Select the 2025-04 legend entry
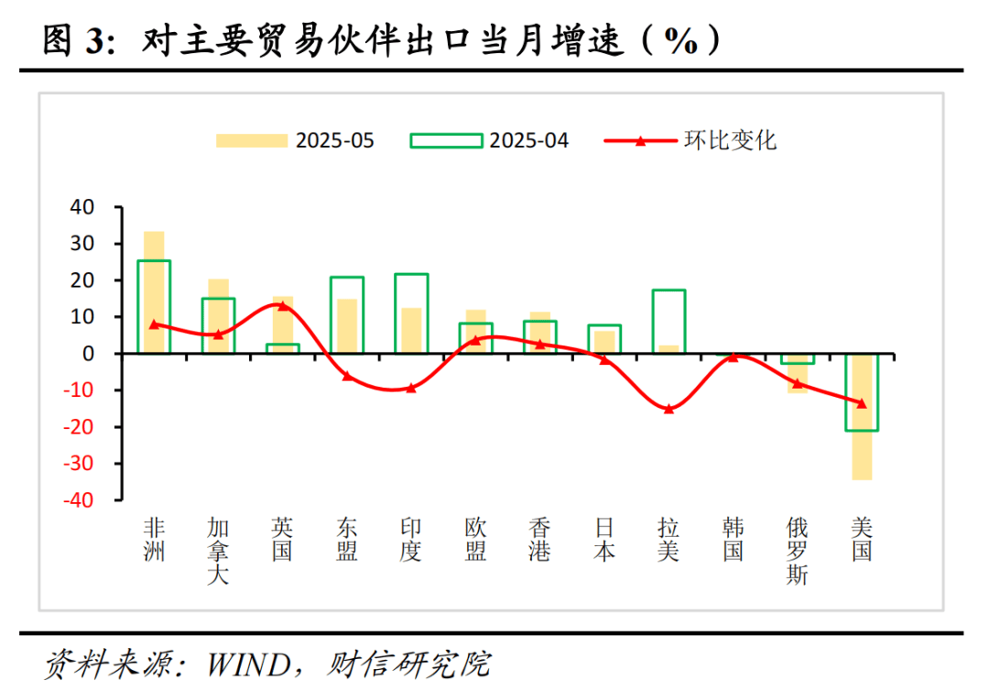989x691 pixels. tap(489, 140)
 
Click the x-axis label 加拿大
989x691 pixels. tap(218, 552)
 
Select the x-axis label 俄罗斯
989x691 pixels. tap(797, 552)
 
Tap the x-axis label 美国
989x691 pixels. tap(861, 540)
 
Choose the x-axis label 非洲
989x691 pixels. tap(154, 540)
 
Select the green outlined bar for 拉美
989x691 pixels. tap(668, 322)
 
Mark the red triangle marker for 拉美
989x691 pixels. tap(668, 409)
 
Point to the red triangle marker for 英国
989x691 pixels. tap(282, 306)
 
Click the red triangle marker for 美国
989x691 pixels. tap(861, 402)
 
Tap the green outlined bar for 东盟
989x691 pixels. tap(347, 315)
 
